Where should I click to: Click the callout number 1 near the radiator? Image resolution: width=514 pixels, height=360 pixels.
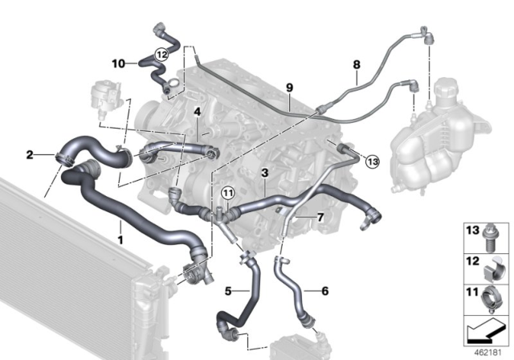point(120,239)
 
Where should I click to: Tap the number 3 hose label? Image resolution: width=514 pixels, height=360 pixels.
point(263,172)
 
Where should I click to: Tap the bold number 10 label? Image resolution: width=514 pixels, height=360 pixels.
point(118,62)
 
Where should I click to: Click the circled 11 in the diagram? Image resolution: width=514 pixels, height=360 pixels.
point(227,192)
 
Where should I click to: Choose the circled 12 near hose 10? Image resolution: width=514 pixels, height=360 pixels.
point(161,55)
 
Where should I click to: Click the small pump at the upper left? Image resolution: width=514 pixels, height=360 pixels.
point(106,91)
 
